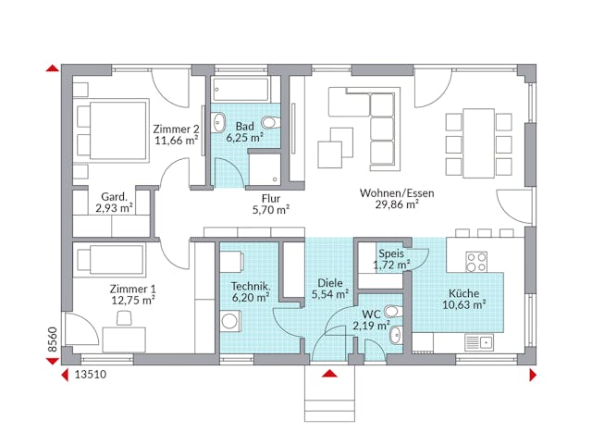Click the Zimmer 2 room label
[x=176, y=129]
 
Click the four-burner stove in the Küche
[x=476, y=262]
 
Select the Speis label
[x=389, y=253]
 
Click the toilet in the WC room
[x=392, y=312]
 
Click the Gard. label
[x=114, y=196]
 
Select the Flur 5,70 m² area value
[x=271, y=210]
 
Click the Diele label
[x=330, y=282]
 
